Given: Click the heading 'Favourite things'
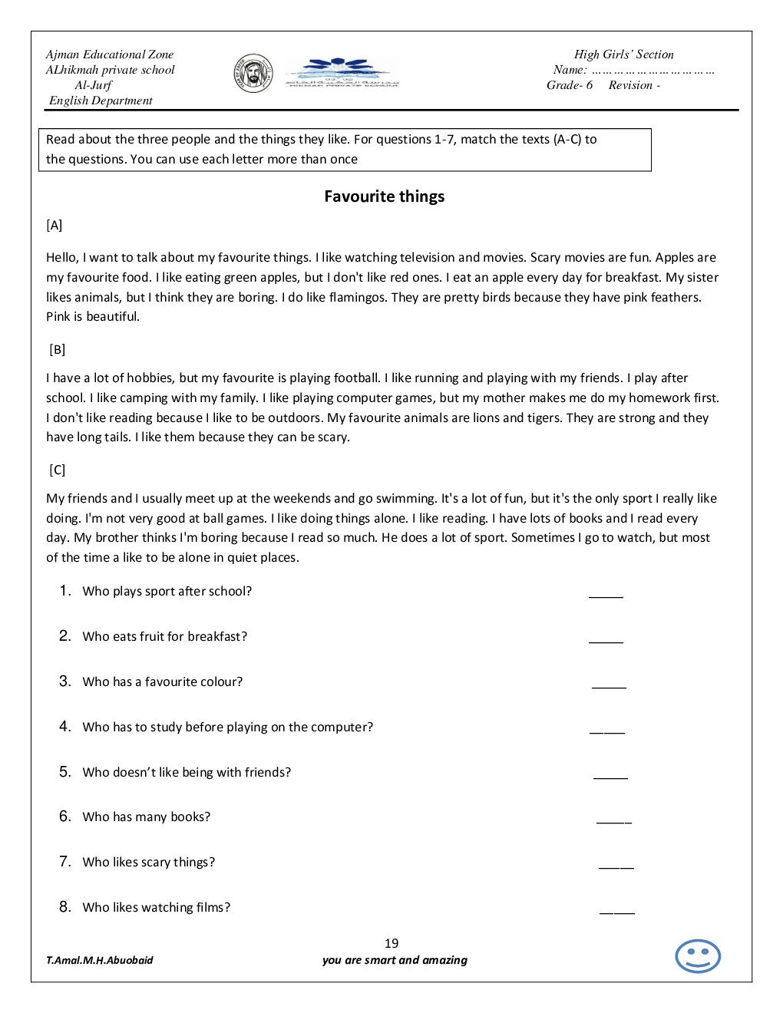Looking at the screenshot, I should tap(384, 196).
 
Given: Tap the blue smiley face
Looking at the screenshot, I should tap(697, 956).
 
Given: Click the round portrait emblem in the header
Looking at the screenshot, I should tap(253, 74).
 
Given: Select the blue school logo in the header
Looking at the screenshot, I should tap(341, 73).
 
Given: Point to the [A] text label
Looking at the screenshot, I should tap(55, 226).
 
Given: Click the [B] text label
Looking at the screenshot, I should tap(58, 350).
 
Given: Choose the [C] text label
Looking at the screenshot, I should tap(58, 470).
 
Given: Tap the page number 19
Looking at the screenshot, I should tap(391, 943).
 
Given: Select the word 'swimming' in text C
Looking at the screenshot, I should tap(405, 499).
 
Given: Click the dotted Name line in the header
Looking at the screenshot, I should tap(652, 71).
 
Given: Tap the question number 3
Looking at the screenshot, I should tap(64, 681).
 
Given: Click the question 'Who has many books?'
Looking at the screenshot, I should tap(147, 817).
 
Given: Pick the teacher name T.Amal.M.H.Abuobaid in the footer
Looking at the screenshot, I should tap(100, 960).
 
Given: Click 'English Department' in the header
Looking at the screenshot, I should tap(101, 101).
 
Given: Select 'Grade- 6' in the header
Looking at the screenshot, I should tap(569, 85).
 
